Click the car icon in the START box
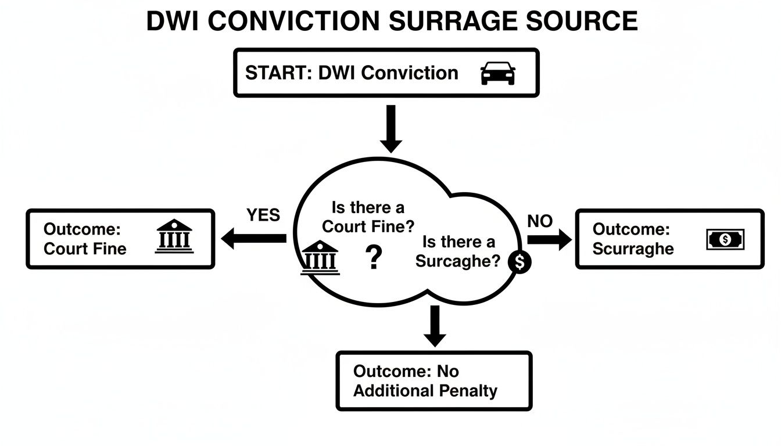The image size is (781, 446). [x=498, y=73]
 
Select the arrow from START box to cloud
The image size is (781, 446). [x=391, y=128]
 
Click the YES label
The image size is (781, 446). [x=263, y=215]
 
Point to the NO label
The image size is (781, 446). [x=539, y=221]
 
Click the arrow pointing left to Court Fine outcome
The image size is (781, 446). [x=255, y=238]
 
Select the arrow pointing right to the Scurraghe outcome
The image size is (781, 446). [x=549, y=239]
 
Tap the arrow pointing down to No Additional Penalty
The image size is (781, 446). [x=434, y=326]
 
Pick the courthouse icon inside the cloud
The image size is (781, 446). [x=319, y=259]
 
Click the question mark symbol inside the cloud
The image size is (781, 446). [x=374, y=258]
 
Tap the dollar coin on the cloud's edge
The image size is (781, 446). [x=520, y=262]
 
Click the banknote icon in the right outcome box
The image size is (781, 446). [x=725, y=239]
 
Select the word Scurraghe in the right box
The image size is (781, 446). [x=633, y=249]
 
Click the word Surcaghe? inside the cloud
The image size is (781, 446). [x=457, y=261]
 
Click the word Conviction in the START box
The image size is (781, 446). [x=410, y=73]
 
